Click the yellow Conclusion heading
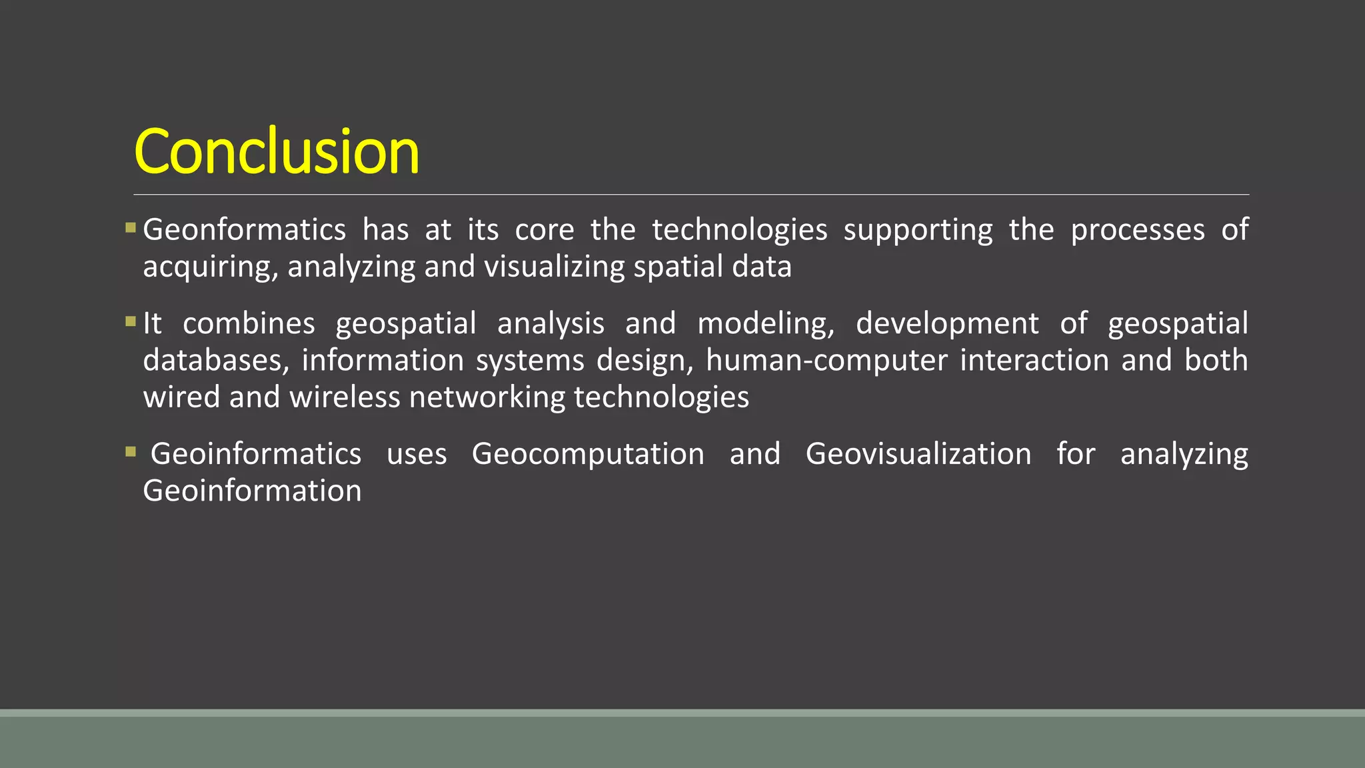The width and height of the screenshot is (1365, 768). (277, 151)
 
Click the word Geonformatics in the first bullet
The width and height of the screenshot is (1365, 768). (244, 230)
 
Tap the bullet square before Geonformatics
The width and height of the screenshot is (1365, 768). (131, 229)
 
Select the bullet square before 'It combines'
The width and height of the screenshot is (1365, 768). (131, 322)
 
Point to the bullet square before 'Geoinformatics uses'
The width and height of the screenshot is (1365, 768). (131, 453)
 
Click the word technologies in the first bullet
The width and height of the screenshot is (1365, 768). (739, 230)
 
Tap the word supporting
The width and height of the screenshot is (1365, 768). (918, 230)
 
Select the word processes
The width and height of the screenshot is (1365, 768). (1138, 230)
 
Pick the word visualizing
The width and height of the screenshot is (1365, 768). (555, 267)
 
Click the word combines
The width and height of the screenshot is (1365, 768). (249, 323)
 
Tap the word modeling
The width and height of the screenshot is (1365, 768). (766, 323)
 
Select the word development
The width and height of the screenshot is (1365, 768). (947, 323)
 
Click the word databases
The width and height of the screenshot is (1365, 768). (216, 360)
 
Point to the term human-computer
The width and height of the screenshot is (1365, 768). (826, 360)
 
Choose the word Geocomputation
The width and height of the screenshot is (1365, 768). (588, 454)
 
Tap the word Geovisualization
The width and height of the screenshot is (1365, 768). (918, 454)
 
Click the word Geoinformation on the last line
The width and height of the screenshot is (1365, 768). (252, 491)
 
